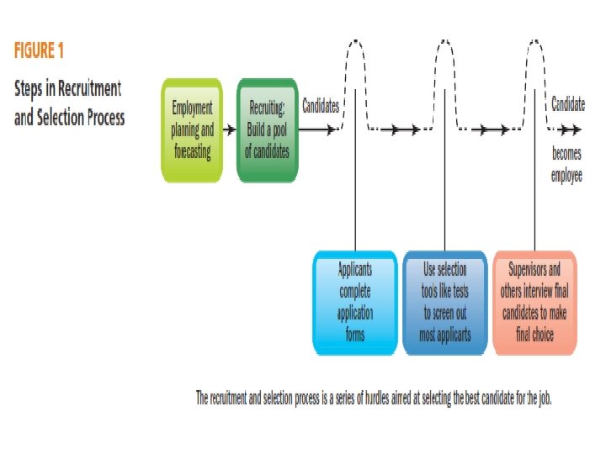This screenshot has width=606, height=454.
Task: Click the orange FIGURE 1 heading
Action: tap(39, 50)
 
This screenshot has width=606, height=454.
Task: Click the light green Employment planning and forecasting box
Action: tap(192, 129)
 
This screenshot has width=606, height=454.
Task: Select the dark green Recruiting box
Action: tap(268, 129)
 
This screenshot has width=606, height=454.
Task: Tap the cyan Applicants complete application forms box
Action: tap(355, 302)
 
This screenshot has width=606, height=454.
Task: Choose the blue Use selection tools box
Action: tap(445, 302)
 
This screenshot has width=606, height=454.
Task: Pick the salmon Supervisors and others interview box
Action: tap(535, 302)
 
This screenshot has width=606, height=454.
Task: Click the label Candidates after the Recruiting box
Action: tap(320, 107)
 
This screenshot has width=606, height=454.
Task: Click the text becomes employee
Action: tap(566, 166)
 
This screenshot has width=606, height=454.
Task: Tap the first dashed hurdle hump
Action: tap(355, 59)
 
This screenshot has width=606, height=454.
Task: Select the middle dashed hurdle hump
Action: tap(446, 59)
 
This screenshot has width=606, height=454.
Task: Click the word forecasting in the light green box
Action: tap(192, 152)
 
